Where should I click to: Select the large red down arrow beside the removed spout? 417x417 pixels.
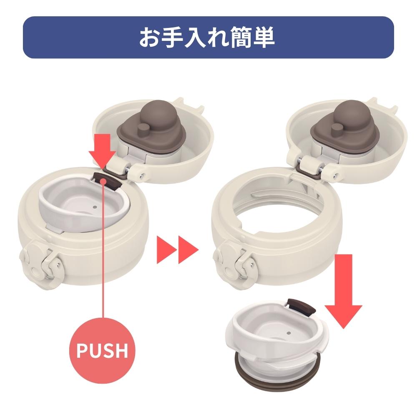pyautogui.click(x=343, y=291)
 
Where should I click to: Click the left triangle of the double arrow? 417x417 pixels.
pyautogui.click(x=167, y=250)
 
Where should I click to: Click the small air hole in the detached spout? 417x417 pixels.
pyautogui.click(x=289, y=333)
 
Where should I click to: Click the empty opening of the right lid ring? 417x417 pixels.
pyautogui.click(x=276, y=213)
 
